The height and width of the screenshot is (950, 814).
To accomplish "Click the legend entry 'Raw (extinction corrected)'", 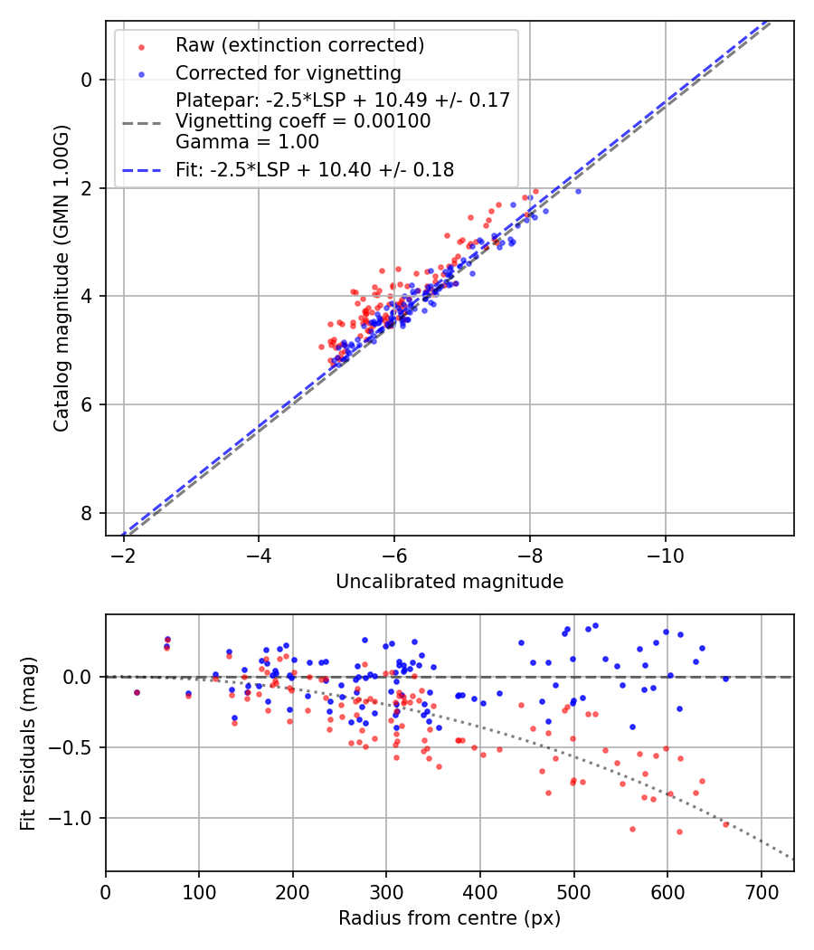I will pyautogui.click(x=299, y=45).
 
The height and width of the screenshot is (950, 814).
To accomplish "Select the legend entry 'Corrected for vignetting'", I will pyautogui.click(x=289, y=72).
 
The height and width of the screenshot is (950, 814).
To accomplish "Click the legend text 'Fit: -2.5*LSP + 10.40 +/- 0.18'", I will pyautogui.click(x=315, y=169).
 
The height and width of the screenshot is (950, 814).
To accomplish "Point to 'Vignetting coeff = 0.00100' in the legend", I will pyautogui.click(x=303, y=120).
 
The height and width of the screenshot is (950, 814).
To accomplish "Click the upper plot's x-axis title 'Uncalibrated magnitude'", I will pyautogui.click(x=450, y=582).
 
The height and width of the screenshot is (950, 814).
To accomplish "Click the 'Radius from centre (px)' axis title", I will pyautogui.click(x=450, y=918).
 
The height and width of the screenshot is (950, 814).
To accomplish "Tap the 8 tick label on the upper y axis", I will pyautogui.click(x=87, y=513).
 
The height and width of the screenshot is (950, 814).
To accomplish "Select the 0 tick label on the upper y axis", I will pyautogui.click(x=87, y=80).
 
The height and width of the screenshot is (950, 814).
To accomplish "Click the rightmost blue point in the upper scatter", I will pyautogui.click(x=578, y=191).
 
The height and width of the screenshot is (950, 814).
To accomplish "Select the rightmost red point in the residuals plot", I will pyautogui.click(x=725, y=823).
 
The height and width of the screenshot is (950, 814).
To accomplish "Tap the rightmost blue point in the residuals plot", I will pyautogui.click(x=725, y=678).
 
